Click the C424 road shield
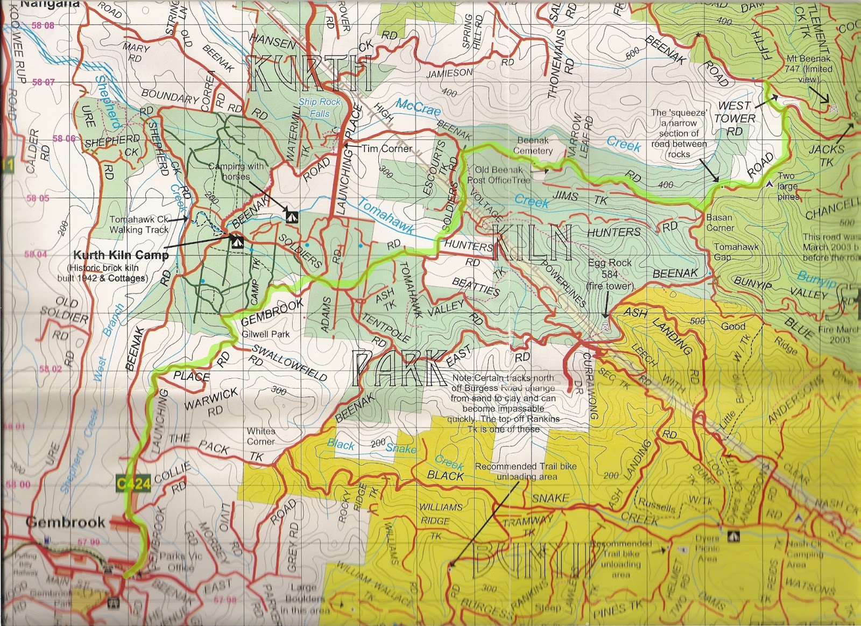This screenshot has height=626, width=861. tap(133, 483)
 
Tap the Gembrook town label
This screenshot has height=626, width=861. tap(65, 522)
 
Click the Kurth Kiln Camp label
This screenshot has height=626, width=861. tap(121, 255)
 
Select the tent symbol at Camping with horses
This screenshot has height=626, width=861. tap(291, 216)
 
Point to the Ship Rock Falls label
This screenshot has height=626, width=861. tap(319, 108)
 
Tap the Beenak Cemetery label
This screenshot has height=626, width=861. tap(533, 145)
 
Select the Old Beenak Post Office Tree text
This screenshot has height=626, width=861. tap(499, 175)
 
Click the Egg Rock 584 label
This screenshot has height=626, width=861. tap(610, 274)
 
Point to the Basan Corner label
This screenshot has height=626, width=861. tap(719, 222)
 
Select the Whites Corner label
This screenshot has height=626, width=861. tap(261, 436)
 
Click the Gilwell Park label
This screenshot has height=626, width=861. tap(265, 334)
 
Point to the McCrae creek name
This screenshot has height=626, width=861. tap(418, 107)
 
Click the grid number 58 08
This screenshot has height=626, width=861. tap(43, 25)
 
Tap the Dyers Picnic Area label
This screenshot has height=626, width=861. tap(707, 548)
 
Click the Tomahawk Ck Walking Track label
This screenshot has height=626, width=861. tap(139, 224)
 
